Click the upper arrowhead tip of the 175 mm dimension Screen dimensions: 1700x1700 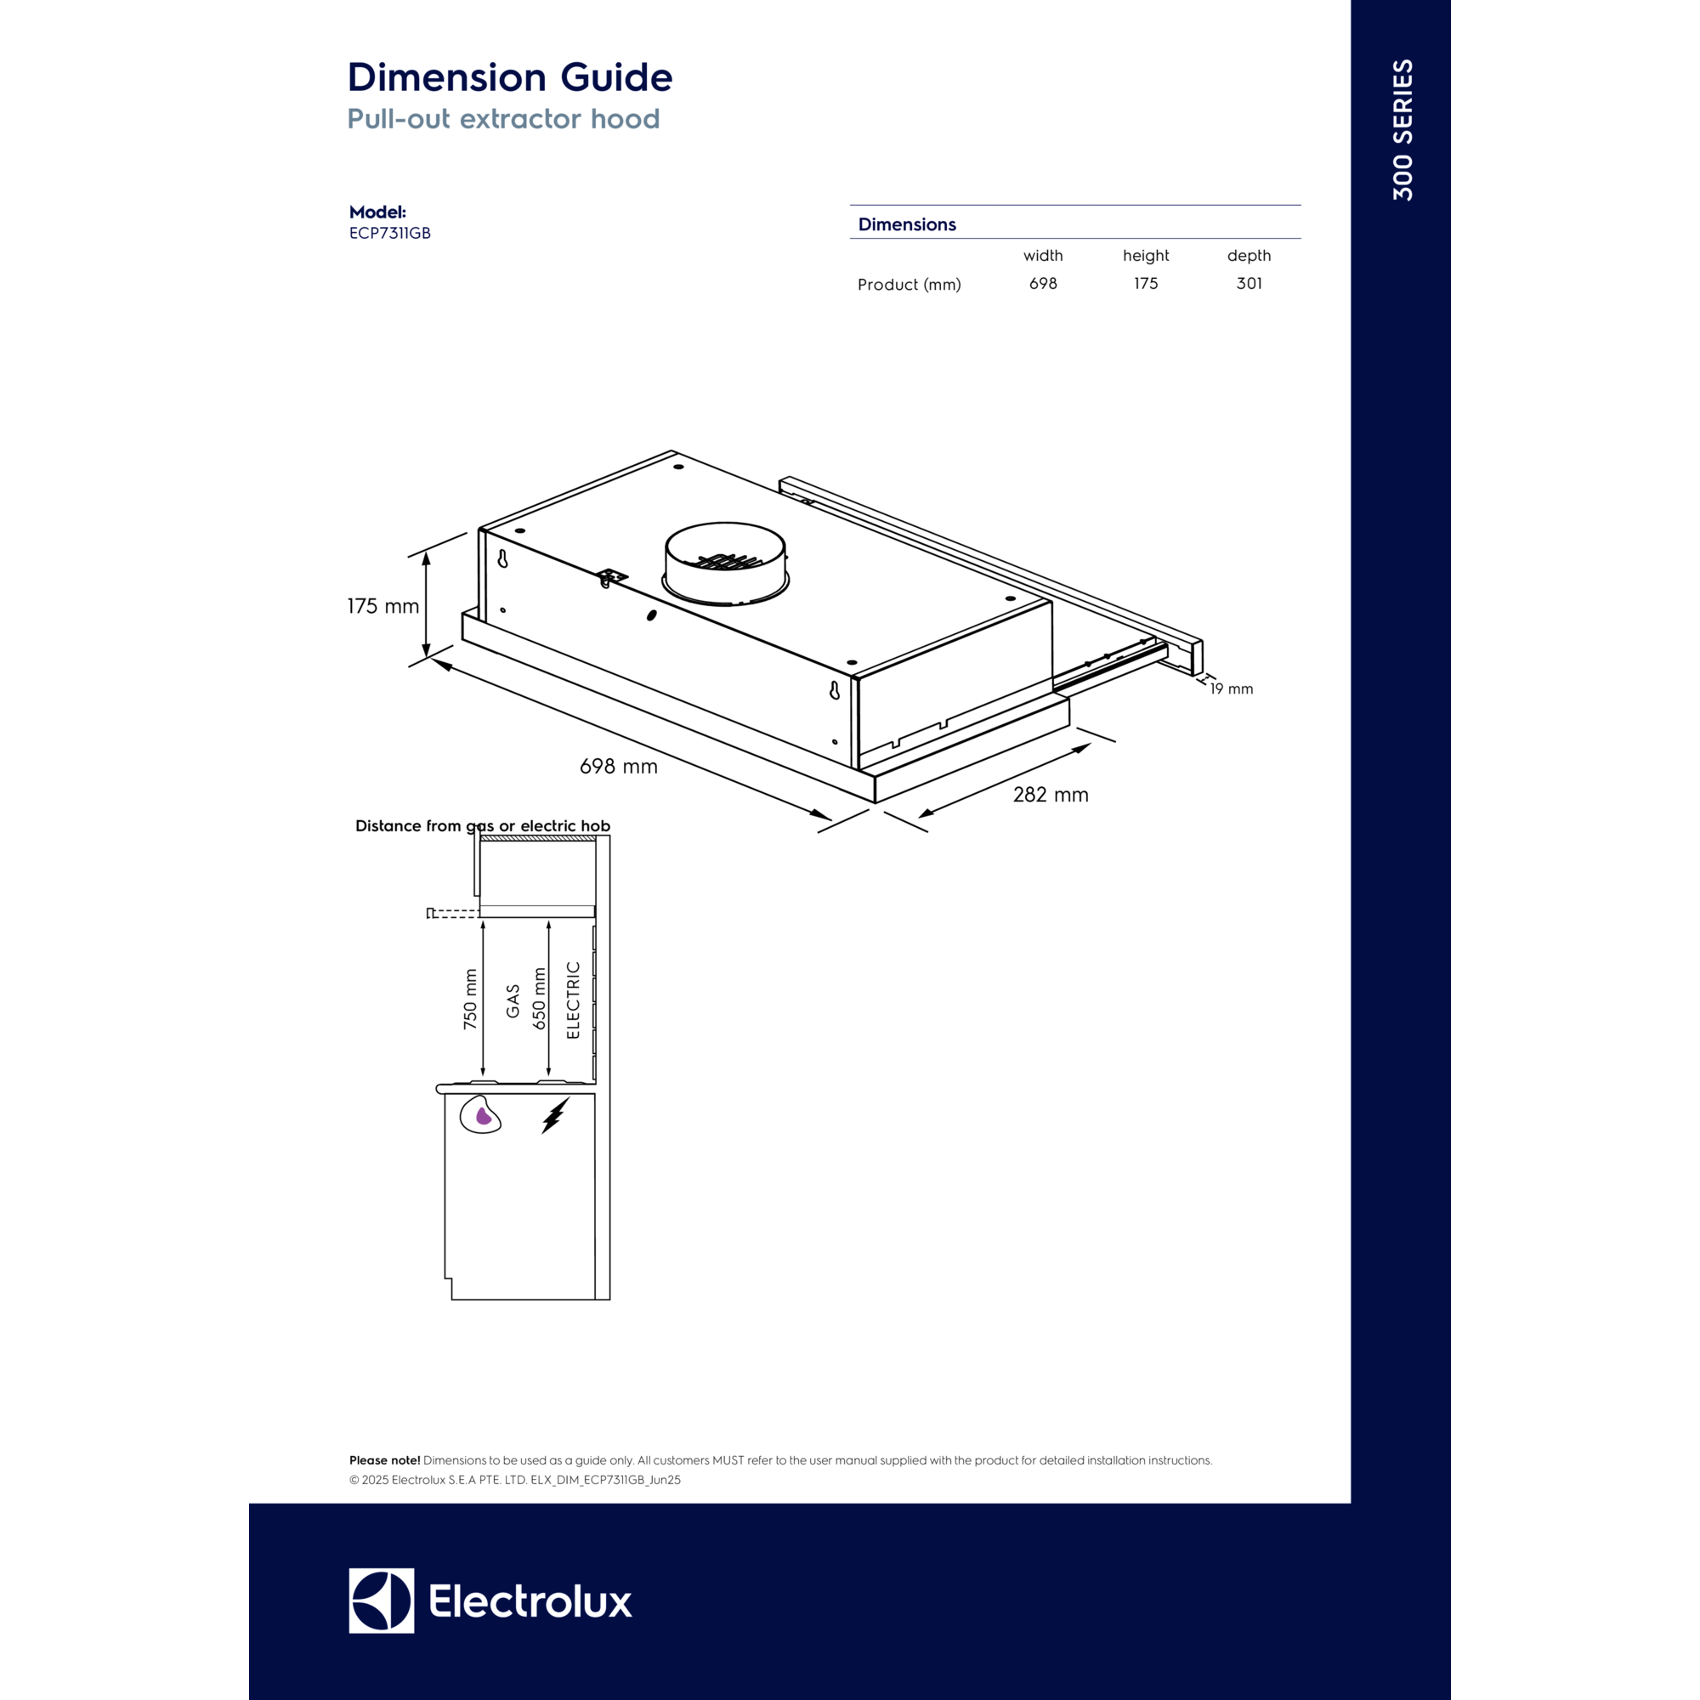(427, 552)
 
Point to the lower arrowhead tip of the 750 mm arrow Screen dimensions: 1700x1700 (483, 1077)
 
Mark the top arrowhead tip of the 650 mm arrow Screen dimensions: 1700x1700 (548, 921)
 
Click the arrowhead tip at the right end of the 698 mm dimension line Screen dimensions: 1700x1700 (831, 820)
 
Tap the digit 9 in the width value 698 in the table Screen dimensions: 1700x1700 (1044, 283)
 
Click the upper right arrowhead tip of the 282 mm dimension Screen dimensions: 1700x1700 (1092, 744)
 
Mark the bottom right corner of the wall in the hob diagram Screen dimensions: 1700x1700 (609, 1300)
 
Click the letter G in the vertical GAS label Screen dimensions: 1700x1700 (513, 1011)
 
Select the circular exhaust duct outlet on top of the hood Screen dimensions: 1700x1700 (725, 564)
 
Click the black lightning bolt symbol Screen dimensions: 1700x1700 (554, 1115)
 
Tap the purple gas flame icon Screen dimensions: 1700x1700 (483, 1116)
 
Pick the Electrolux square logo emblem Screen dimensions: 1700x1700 (381, 1601)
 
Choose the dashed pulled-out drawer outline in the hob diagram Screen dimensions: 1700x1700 (452, 914)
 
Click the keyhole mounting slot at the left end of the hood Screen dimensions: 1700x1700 (502, 558)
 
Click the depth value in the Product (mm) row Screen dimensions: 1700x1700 (1249, 283)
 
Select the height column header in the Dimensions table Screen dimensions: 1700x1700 (1146, 255)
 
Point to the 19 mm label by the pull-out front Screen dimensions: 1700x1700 (1231, 689)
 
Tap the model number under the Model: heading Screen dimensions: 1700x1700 (390, 233)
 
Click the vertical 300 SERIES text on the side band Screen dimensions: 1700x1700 (1402, 130)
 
